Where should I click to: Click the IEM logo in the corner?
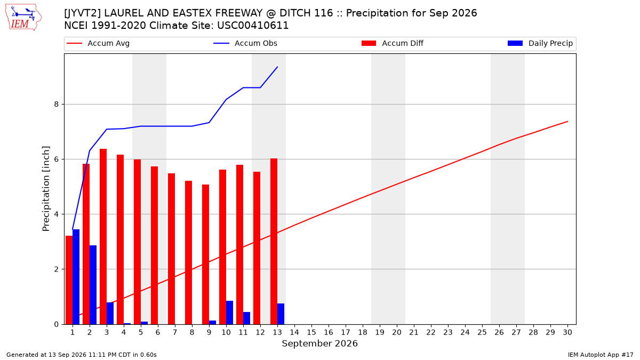pyautogui.click(x=23, y=18)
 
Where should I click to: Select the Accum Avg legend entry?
pyautogui.click(x=98, y=43)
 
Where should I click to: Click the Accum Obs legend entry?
pyautogui.click(x=245, y=43)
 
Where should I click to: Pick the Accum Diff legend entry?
pyautogui.click(x=393, y=43)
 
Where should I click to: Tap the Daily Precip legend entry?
pyautogui.click(x=540, y=43)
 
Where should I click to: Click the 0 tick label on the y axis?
pyautogui.click(x=57, y=325)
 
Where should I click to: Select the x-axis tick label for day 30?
pyautogui.click(x=567, y=332)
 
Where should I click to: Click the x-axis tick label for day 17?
pyautogui.click(x=346, y=332)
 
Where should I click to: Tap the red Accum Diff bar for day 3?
pyautogui.click(x=103, y=237)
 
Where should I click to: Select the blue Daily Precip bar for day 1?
pyautogui.click(x=76, y=277)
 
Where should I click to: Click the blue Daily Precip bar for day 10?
pyautogui.click(x=229, y=313)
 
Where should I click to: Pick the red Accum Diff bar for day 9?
pyautogui.click(x=205, y=254)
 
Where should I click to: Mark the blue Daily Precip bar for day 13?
pyautogui.click(x=281, y=314)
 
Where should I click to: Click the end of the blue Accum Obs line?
pyautogui.click(x=277, y=67)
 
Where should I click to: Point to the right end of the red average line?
pyautogui.click(x=567, y=122)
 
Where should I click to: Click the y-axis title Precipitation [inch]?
pyautogui.click(x=46, y=189)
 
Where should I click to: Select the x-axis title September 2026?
pyautogui.click(x=319, y=343)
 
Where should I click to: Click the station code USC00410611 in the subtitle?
pyautogui.click(x=253, y=26)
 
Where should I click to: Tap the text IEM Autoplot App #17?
pyautogui.click(x=601, y=355)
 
